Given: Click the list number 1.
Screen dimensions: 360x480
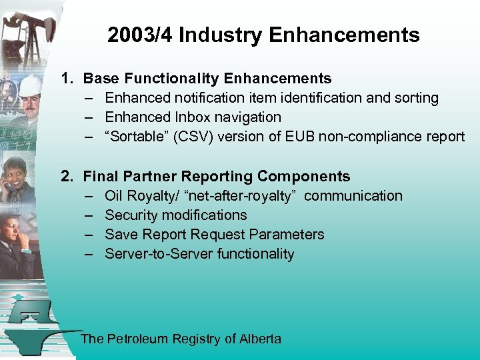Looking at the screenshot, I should (67, 79).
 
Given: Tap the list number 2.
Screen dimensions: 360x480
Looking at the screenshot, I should (67, 177).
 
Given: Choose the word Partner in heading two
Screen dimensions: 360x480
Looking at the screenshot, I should (146, 177).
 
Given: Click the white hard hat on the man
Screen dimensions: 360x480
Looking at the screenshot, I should (30, 85).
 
